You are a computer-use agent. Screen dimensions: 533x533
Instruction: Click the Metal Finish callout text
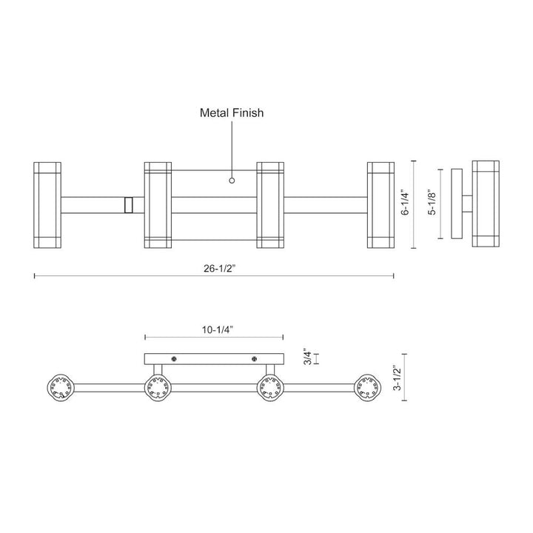[x=232, y=113]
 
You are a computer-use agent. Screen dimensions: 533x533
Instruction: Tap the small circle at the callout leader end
[x=232, y=180]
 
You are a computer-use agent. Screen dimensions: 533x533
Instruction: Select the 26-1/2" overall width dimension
[x=214, y=269]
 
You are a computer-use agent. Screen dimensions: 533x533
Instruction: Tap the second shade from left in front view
[x=158, y=204]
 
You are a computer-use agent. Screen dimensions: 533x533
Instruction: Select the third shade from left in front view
[x=270, y=204]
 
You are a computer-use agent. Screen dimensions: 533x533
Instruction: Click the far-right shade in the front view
[x=381, y=204]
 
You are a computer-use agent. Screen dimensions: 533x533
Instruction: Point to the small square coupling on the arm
[x=130, y=204]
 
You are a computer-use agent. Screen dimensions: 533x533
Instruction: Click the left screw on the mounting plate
[x=175, y=359]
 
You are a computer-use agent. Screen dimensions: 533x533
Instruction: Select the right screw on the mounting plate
[x=254, y=359]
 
